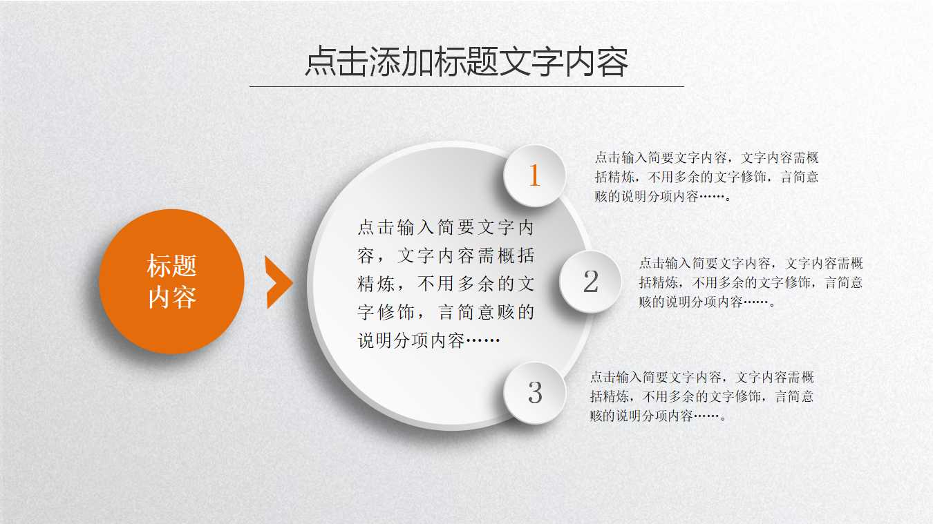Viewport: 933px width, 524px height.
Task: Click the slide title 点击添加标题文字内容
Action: (x=466, y=62)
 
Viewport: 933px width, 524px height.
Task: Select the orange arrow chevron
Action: (x=278, y=282)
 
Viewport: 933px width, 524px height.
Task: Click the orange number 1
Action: (x=534, y=176)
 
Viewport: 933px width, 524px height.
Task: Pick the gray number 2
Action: (x=591, y=282)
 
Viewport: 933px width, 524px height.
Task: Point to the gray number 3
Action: (x=535, y=393)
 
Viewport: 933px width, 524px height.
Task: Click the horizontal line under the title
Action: (x=466, y=87)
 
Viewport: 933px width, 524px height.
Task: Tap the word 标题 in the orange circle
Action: (x=171, y=266)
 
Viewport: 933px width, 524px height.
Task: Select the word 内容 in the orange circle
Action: (x=171, y=298)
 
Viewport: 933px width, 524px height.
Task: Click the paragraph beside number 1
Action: (x=706, y=177)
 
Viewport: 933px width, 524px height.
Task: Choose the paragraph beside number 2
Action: (x=751, y=282)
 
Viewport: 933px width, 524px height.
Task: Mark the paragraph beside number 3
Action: (x=701, y=396)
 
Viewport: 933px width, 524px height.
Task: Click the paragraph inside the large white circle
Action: (x=446, y=284)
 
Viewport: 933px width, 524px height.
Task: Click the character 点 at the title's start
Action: (x=320, y=62)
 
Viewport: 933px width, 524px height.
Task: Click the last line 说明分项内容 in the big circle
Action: (x=428, y=341)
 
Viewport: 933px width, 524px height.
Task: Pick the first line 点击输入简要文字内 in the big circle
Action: (x=446, y=228)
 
